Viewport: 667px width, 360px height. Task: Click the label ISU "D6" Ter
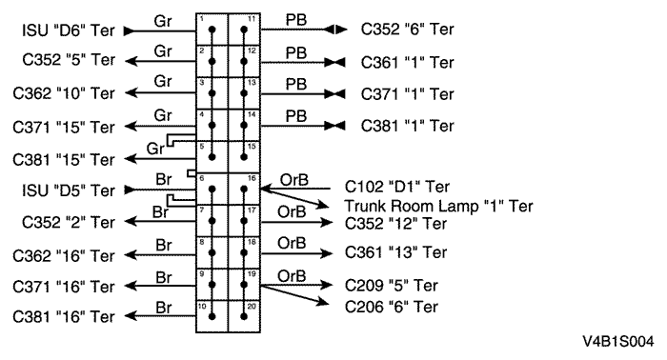click(68, 30)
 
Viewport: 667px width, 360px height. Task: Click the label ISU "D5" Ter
click(68, 190)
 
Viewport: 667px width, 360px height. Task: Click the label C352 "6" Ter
click(408, 30)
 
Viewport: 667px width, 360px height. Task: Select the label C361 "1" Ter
click(408, 62)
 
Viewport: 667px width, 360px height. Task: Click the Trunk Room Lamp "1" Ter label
click(438, 206)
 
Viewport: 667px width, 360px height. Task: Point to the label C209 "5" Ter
click(393, 285)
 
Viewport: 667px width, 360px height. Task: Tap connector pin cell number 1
click(212, 30)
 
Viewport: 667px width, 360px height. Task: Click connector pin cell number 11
click(245, 30)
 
